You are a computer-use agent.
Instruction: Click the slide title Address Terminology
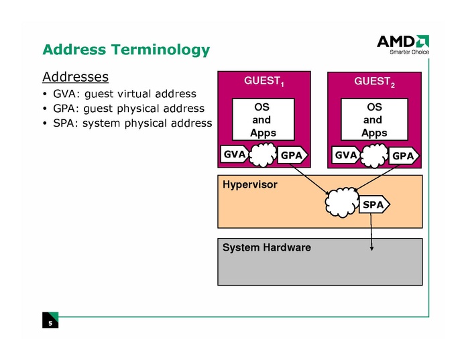(x=126, y=50)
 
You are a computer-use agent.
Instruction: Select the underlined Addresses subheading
(x=75, y=76)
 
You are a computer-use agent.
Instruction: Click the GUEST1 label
(x=264, y=81)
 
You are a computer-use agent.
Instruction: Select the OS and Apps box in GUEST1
(x=262, y=120)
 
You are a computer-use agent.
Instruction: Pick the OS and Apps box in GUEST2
(x=373, y=120)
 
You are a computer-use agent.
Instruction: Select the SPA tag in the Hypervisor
(x=374, y=204)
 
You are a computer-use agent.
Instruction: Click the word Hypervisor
(x=249, y=184)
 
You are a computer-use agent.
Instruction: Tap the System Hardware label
(x=267, y=247)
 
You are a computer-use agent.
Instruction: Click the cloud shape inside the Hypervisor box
(x=341, y=202)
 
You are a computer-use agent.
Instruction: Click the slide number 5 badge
(x=50, y=323)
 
